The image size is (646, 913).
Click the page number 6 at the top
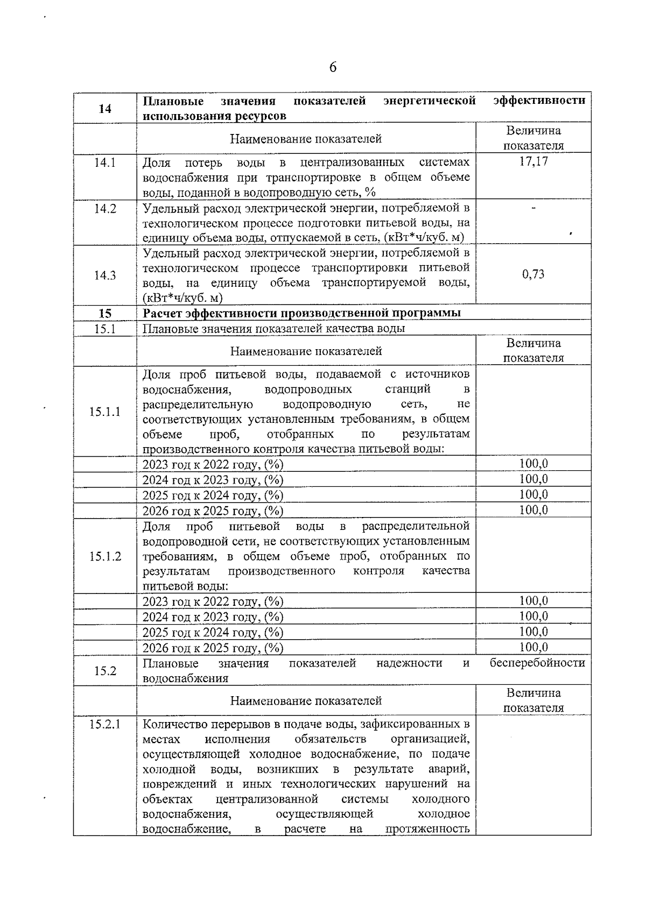point(333,67)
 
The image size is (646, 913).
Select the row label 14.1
point(105,162)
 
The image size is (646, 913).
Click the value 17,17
point(533,161)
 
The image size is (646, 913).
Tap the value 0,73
point(533,274)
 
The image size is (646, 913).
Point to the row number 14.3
point(105,275)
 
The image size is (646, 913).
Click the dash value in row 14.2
point(533,208)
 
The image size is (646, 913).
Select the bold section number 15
point(105,313)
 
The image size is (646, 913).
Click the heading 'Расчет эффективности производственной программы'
point(301,313)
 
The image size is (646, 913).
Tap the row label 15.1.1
point(105,412)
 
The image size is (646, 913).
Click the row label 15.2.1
point(105,725)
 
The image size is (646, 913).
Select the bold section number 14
point(105,109)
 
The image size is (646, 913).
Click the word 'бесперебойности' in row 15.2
point(537,663)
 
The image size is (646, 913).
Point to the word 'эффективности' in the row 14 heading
point(539,101)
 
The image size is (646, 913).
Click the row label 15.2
point(105,671)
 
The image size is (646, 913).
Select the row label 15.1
point(105,328)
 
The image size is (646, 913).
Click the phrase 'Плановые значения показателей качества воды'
point(273,328)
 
